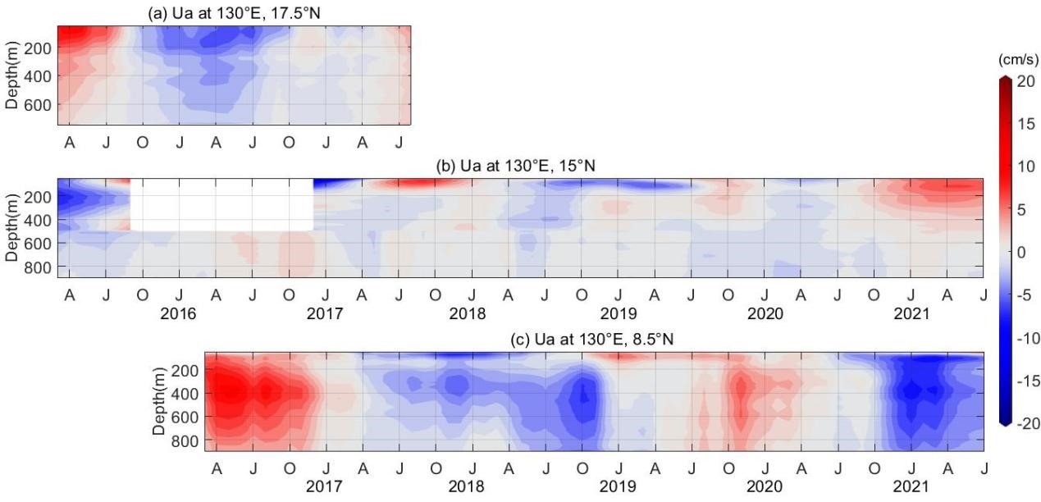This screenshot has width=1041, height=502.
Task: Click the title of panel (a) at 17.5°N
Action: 234,12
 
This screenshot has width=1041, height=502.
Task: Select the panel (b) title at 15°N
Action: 515,166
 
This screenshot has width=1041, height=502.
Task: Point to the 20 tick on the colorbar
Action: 1023,82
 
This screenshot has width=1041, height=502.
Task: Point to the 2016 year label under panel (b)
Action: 180,314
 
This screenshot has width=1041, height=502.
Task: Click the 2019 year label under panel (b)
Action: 619,314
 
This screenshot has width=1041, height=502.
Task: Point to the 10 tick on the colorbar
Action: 1023,167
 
